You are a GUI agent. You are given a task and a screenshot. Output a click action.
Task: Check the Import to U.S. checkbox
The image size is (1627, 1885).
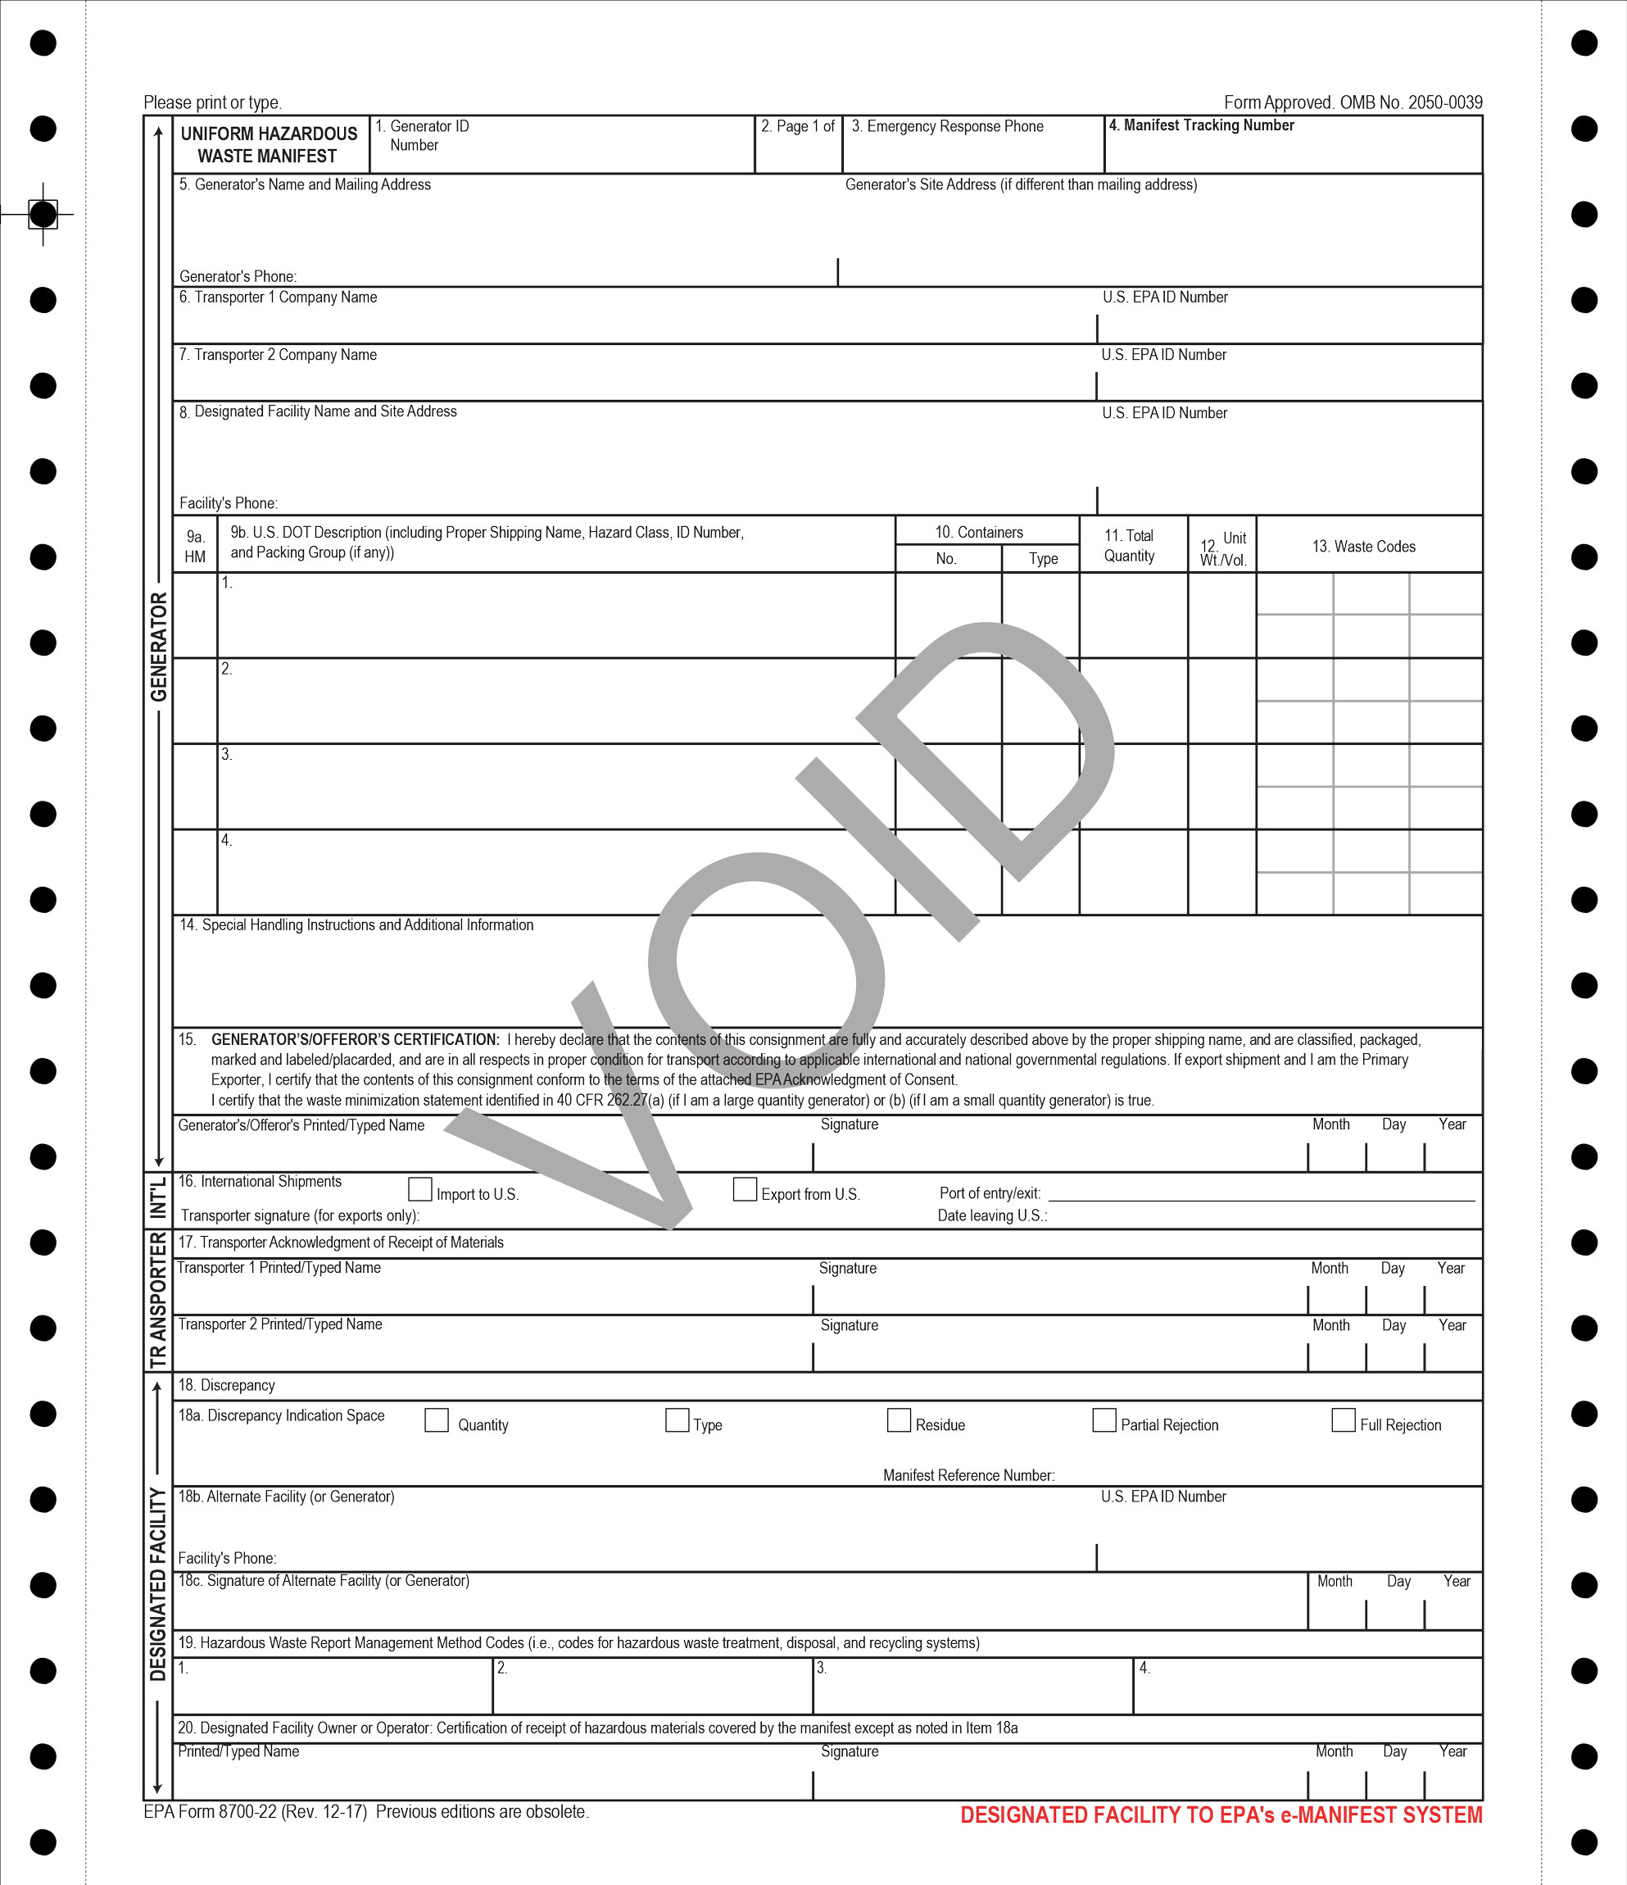pos(420,1189)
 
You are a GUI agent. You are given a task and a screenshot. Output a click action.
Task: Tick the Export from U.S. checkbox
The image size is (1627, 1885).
pos(745,1189)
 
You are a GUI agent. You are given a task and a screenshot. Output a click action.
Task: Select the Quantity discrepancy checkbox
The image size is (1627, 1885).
pos(437,1420)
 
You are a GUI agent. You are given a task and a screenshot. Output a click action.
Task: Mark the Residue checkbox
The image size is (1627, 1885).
pos(899,1420)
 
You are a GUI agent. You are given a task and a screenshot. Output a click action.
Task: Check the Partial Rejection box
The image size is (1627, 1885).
pos(1104,1420)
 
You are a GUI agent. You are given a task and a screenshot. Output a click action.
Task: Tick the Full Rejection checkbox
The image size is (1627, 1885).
pos(1344,1420)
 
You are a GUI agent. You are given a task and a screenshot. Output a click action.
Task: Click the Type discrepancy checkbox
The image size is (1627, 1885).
pos(677,1420)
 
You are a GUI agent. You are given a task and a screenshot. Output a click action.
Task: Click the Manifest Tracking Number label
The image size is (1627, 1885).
pos(1201,125)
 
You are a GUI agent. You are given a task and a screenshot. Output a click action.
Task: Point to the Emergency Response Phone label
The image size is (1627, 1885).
pos(947,126)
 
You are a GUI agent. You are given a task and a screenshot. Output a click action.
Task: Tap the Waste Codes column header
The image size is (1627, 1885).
pos(1363,547)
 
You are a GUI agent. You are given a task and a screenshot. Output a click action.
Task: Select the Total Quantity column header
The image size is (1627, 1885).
pos(1129,546)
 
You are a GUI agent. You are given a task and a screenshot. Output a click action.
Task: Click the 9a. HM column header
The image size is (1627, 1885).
pos(196,547)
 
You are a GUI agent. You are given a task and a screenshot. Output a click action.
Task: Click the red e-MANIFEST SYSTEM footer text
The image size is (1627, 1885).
pos(1221,1815)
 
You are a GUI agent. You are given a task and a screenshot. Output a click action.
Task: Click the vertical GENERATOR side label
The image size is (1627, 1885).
pos(159,647)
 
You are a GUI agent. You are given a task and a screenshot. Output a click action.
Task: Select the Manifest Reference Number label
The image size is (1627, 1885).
pos(968,1475)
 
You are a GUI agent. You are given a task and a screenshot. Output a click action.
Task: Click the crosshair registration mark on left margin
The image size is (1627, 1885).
pos(43,215)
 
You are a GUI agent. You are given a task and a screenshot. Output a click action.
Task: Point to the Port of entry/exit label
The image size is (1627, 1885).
pos(990,1193)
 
